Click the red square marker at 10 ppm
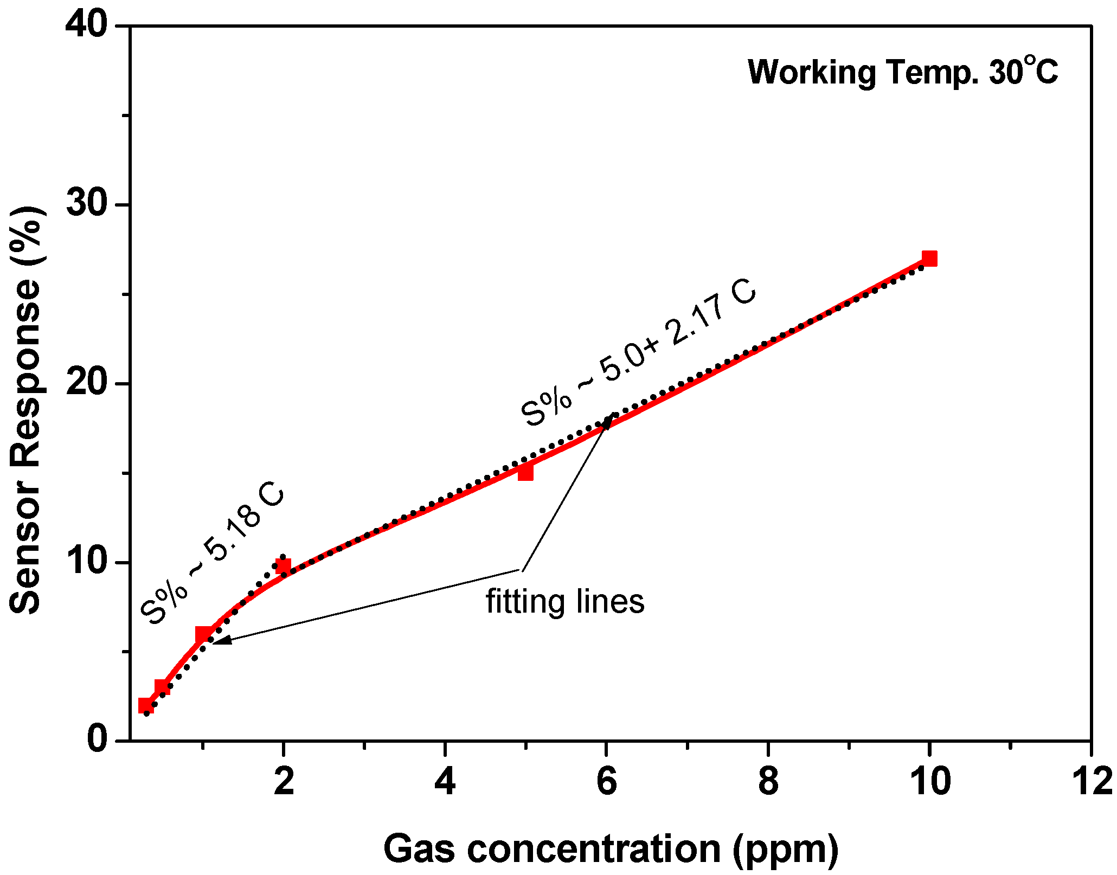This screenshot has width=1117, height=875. click(929, 259)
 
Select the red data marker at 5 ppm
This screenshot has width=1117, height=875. click(525, 473)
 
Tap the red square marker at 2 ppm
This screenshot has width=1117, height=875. click(283, 567)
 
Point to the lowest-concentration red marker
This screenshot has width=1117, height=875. click(145, 705)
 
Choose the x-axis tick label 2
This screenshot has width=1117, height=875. click(283, 782)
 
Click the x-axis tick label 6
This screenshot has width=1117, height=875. click(606, 782)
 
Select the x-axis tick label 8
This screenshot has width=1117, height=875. click(768, 782)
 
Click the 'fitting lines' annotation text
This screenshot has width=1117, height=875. click(564, 601)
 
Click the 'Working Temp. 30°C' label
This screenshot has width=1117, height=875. click(902, 72)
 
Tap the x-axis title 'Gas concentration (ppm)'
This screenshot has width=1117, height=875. click(611, 849)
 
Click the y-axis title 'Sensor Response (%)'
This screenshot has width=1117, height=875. click(25, 410)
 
